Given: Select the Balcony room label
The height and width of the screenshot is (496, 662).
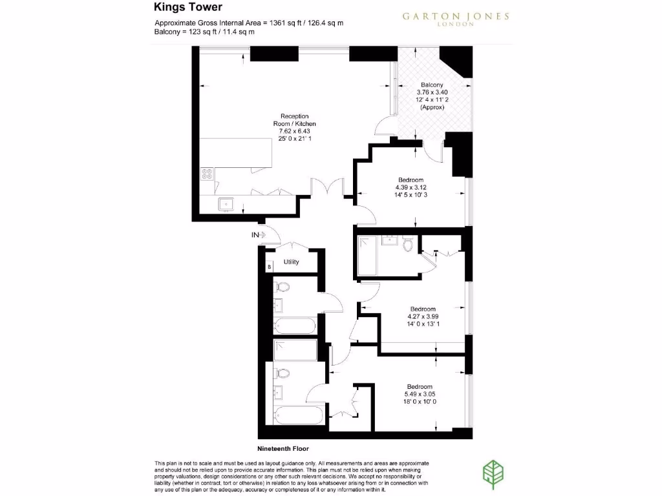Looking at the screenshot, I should click(x=432, y=96).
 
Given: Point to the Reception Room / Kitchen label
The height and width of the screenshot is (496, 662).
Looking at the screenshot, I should click(x=294, y=127).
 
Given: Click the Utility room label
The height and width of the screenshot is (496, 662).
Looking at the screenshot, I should click(x=292, y=262).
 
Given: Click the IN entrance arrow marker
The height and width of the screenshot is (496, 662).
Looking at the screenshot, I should click(x=259, y=235).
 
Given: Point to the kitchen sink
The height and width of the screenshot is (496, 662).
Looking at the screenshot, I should click(x=226, y=204).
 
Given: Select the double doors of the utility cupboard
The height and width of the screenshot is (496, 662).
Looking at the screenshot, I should click(x=294, y=247).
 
